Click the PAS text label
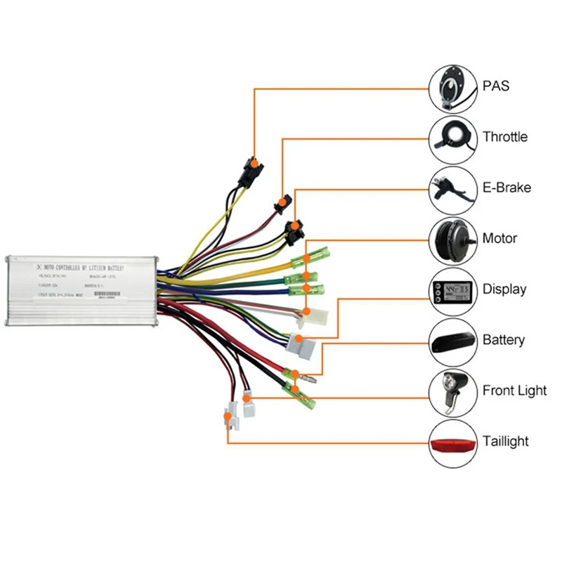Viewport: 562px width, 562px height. [496, 86]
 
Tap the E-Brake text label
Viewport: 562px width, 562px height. [507, 188]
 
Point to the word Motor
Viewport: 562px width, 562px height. [499, 238]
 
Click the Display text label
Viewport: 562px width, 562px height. [504, 289]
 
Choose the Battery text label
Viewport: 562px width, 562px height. [504, 340]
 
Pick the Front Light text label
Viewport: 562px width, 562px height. [514, 391]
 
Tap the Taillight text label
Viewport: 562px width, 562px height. [506, 441]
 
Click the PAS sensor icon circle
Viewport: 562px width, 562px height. [453, 88]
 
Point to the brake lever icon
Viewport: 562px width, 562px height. [453, 189]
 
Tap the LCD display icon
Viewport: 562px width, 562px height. [453, 290]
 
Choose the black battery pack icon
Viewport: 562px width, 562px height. [453, 341]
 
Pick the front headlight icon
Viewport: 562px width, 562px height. [453, 391]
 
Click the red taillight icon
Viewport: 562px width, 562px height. [453, 443]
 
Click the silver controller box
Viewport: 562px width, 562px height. [81, 289]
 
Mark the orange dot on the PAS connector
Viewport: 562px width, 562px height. [253, 165]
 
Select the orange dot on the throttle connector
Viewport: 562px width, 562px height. [282, 202]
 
